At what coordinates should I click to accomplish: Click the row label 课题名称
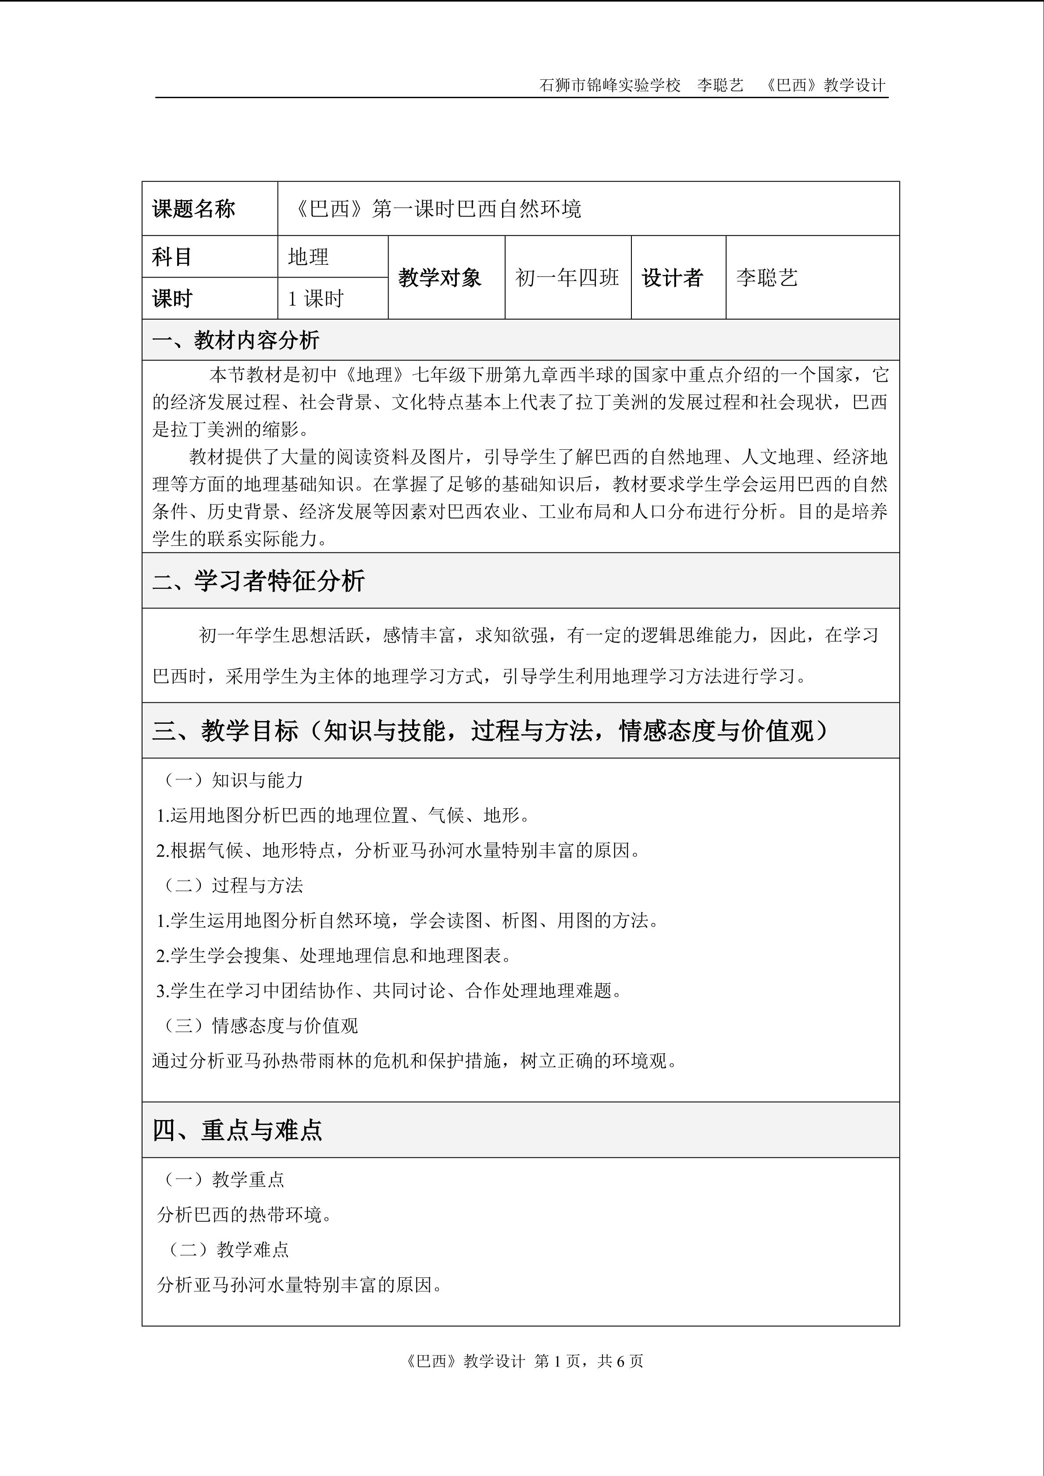193,209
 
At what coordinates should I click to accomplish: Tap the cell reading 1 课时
316,299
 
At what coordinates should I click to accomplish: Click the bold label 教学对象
440,278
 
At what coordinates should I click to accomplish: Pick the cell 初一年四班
567,278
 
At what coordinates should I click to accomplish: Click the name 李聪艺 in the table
767,278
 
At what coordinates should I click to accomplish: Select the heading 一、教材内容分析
236,340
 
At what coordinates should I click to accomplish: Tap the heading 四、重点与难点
237,1130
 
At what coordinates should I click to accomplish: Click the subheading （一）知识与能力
230,780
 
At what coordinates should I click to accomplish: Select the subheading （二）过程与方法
230,885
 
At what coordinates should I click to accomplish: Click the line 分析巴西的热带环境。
244,1214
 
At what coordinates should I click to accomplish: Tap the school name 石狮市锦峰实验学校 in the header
609,85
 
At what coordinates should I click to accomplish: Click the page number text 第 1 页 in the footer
557,1361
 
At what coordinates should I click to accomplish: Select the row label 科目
171,257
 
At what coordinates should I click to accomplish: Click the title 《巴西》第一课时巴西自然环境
437,209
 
